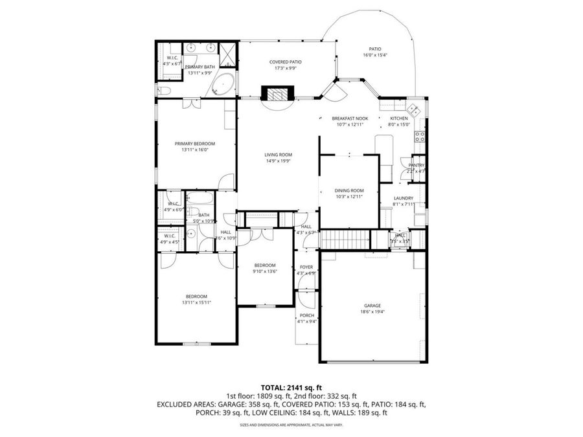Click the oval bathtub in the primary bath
[224, 85]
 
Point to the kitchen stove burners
[420, 136]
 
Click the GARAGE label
[372, 306]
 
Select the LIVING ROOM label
[278, 155]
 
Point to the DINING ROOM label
[349, 190]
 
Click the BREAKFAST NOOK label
[350, 118]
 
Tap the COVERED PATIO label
[286, 62]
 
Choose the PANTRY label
[416, 166]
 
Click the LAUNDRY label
[403, 198]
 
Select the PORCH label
[306, 316]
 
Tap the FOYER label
[306, 267]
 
